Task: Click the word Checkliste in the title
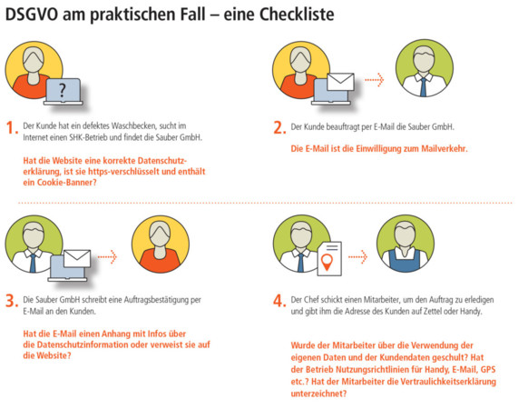click(297, 15)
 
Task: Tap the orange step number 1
click(12, 127)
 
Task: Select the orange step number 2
click(279, 127)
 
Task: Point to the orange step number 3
click(12, 300)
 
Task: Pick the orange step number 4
click(279, 300)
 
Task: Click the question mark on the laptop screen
click(62, 90)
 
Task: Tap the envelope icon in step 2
click(340, 82)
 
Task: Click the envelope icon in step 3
click(77, 258)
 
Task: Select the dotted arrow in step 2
click(375, 80)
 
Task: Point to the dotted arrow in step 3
click(107, 257)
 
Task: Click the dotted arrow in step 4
click(357, 257)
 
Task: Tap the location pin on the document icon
click(327, 262)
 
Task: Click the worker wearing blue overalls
click(406, 244)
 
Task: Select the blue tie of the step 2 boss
click(424, 87)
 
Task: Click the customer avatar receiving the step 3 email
click(161, 244)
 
